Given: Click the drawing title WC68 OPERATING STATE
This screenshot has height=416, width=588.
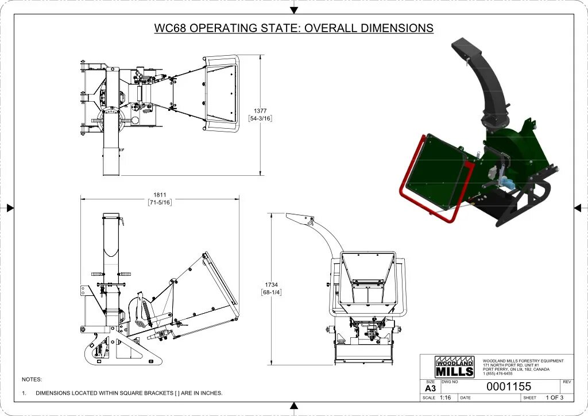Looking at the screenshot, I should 293,28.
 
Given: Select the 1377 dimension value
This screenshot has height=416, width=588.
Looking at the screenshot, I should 260,111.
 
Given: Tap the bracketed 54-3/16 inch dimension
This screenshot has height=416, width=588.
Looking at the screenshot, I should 260,118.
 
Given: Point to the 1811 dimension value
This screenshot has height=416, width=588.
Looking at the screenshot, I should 160,194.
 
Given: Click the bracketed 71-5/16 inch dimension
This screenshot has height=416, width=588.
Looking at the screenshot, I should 160,202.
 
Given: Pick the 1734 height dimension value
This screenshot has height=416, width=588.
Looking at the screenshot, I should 272,284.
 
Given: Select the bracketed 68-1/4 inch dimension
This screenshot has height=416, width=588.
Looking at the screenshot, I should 272,292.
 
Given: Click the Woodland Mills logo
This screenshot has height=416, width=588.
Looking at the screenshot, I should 455,367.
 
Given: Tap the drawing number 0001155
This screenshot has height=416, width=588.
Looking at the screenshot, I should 509,387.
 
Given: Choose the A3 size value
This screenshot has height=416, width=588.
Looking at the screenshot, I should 430,388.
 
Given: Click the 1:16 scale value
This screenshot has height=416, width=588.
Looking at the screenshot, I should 446,398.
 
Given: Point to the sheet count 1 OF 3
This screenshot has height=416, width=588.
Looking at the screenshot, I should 554,398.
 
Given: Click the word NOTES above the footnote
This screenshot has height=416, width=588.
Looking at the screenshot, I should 32,379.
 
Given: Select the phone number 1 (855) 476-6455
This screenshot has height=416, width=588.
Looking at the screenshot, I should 497,373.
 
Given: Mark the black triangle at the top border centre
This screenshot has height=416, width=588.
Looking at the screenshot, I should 294,10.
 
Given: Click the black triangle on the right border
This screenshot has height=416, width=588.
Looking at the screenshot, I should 577,208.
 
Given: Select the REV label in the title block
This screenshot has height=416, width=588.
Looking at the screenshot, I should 567,382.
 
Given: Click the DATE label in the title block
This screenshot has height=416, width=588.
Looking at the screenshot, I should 466,398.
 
